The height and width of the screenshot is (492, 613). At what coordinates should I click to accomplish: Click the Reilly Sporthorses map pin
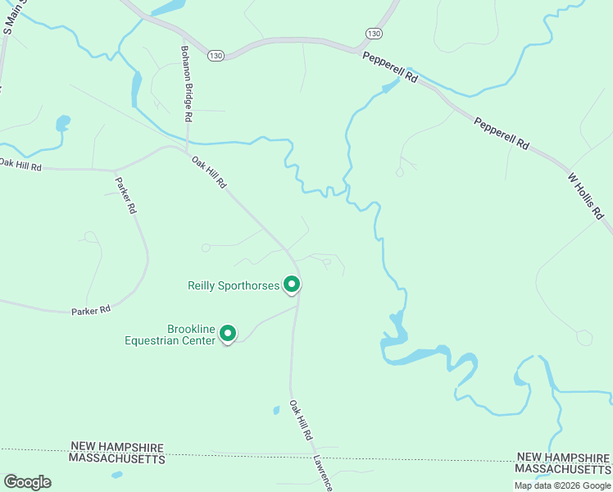pos(292,285)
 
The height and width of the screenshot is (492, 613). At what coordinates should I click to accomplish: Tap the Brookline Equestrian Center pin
pos(229,334)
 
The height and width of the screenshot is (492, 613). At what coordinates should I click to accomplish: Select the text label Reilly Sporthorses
pos(234,285)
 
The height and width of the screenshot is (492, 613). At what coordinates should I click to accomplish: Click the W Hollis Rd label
pos(586,196)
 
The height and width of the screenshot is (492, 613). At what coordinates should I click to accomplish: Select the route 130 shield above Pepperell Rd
pos(374,33)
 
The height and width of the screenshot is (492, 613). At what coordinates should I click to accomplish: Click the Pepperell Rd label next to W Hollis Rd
pos(502,132)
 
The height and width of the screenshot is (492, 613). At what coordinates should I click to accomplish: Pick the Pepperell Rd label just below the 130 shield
pos(390,67)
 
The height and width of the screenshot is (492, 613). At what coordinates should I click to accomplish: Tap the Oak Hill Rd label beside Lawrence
pos(302,421)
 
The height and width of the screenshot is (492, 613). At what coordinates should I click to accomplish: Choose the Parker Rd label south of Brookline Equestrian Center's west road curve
pos(90,311)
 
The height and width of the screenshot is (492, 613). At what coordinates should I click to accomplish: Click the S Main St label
pos(14,16)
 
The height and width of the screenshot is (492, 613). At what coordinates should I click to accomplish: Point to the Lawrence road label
pos(324,473)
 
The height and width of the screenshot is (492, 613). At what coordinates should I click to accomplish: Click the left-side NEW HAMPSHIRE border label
pos(117,448)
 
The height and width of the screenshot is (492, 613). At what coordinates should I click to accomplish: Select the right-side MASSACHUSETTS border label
pos(562,468)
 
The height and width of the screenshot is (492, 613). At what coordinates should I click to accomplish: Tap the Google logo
pos(27,481)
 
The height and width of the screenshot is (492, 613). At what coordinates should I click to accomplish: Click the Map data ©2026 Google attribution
pos(562,485)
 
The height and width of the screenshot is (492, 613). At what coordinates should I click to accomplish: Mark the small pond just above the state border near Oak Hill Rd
pos(276,410)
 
